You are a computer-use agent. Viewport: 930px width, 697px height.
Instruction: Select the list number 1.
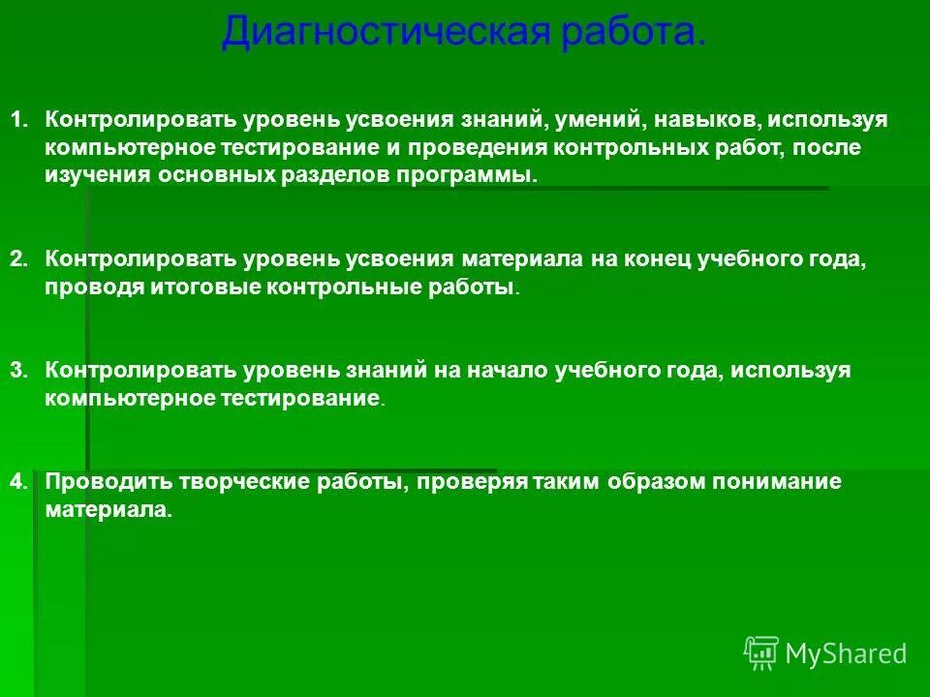[19, 121]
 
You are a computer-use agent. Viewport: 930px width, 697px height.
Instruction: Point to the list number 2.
[19, 260]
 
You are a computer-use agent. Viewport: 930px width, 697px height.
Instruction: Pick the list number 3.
[19, 372]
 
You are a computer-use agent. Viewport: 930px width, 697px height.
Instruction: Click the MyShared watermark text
[846, 654]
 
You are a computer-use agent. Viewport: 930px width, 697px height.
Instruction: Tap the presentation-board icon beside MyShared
[761, 653]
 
